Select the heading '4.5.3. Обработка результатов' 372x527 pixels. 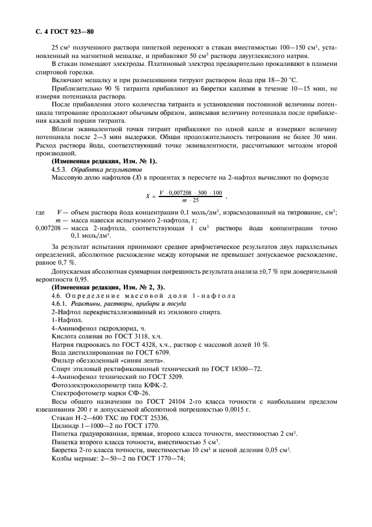coord(91,169)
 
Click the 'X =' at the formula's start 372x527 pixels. coord(150,197)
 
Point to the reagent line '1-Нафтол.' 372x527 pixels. coord(65,320)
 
